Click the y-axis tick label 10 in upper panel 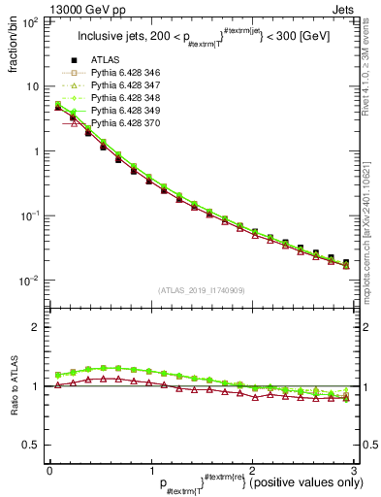click(x=32, y=85)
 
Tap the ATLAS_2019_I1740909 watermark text click(x=202, y=290)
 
